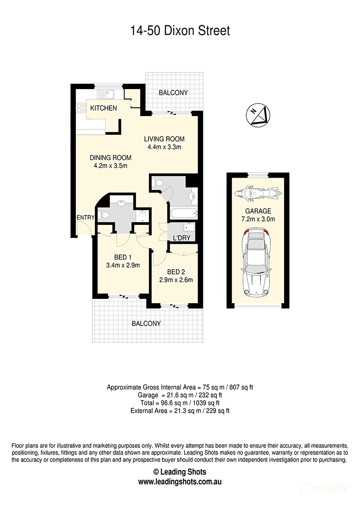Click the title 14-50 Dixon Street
coord(180,31)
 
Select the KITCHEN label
coord(103,108)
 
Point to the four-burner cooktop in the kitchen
coord(81,107)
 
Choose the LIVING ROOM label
coord(164,139)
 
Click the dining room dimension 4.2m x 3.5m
coord(110,165)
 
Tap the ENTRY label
coord(85,218)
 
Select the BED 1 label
coord(122,257)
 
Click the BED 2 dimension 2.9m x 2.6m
coord(176,280)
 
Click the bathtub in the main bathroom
coord(183,213)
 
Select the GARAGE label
coord(258,211)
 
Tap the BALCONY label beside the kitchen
coord(173,93)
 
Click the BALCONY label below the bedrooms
coord(146,323)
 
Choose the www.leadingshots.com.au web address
coord(180,481)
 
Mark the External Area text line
coord(180,411)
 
